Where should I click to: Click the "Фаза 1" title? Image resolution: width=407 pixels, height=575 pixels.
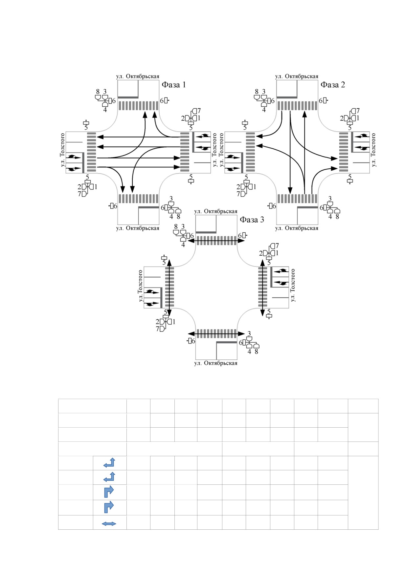[174, 85]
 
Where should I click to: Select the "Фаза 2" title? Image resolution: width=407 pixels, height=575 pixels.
[333, 85]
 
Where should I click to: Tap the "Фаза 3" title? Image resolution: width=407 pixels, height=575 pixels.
[252, 220]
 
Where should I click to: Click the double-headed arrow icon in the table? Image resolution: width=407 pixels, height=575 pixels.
[109, 524]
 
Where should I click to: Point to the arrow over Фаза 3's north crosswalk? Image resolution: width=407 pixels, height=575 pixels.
[216, 241]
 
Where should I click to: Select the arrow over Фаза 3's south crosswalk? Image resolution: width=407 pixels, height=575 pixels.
[216, 334]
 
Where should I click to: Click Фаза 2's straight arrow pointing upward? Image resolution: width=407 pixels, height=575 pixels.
[305, 153]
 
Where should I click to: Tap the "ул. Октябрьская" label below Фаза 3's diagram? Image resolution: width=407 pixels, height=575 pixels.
[216, 363]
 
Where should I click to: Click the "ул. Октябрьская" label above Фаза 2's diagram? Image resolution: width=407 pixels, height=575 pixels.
[297, 76]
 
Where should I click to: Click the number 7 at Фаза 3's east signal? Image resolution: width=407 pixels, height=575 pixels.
[277, 246]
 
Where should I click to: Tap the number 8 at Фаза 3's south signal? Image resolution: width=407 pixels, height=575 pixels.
[256, 352]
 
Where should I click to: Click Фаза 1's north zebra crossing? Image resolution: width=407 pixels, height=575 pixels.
[138, 106]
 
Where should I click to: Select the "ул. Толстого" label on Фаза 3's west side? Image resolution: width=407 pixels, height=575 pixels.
[141, 286]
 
